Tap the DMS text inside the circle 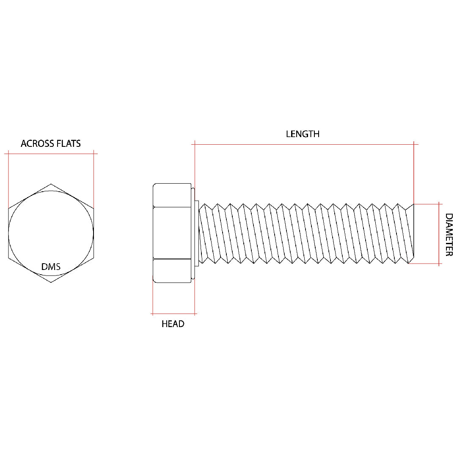point(51,267)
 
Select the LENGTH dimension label point(303,134)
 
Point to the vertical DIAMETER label point(449,234)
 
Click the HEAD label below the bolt point(173,324)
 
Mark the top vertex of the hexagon point(51,184)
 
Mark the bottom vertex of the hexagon point(51,282)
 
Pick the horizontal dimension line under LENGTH point(305,145)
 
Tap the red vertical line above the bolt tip point(414,173)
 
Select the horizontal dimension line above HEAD point(173,314)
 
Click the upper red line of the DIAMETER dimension point(425,204)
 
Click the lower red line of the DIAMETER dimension point(425,264)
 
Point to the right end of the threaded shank point(411,234)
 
